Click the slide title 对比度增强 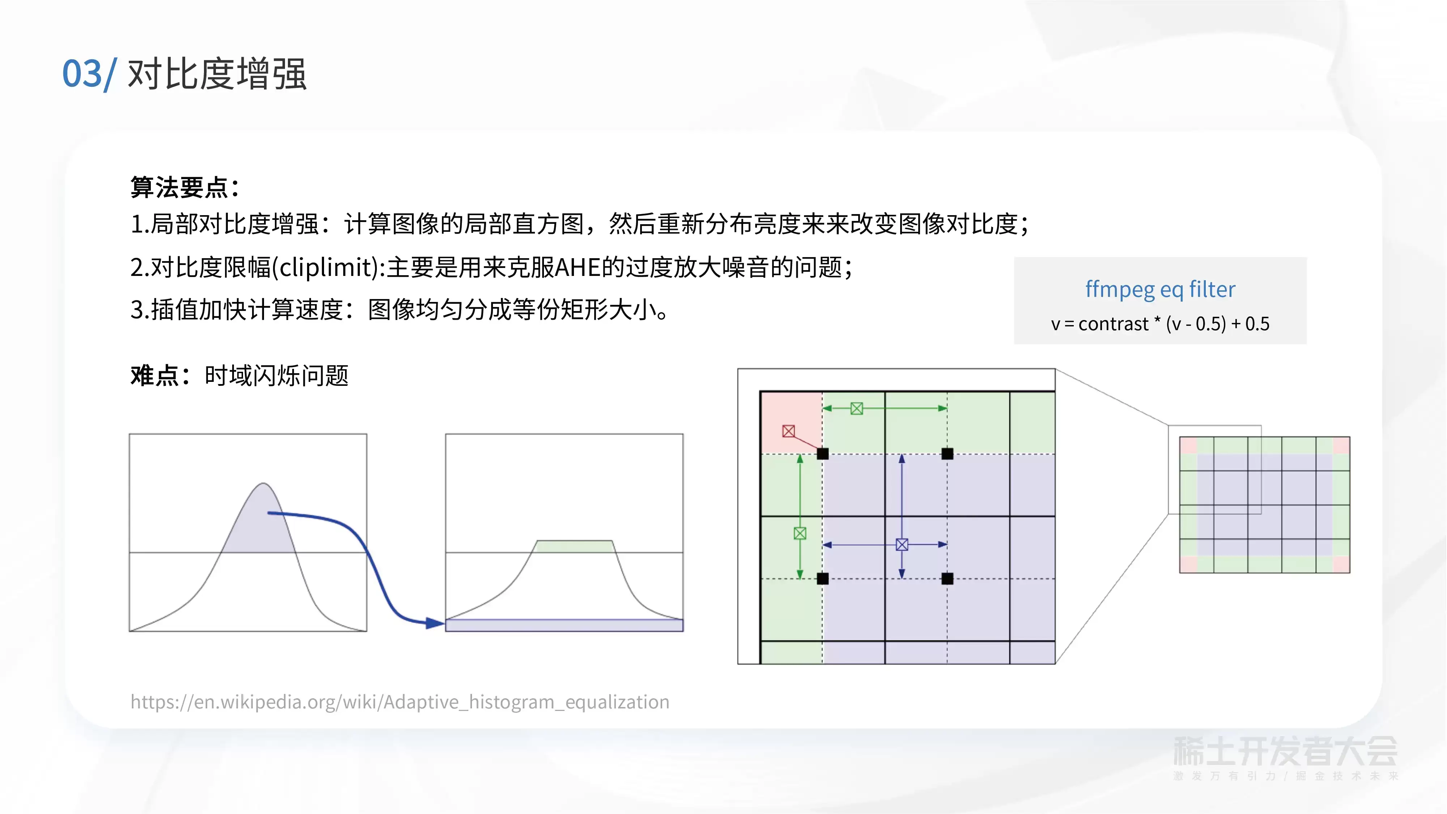[x=217, y=74]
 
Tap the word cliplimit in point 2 [x=329, y=267]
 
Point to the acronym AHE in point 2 [x=578, y=267]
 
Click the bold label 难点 [x=154, y=375]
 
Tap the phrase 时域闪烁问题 [x=276, y=375]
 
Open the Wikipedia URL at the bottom [x=400, y=702]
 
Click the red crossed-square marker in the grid [x=789, y=431]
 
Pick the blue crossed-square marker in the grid [x=902, y=544]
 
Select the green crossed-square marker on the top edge [x=857, y=408]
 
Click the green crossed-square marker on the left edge [x=800, y=533]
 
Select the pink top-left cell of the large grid [x=791, y=422]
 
